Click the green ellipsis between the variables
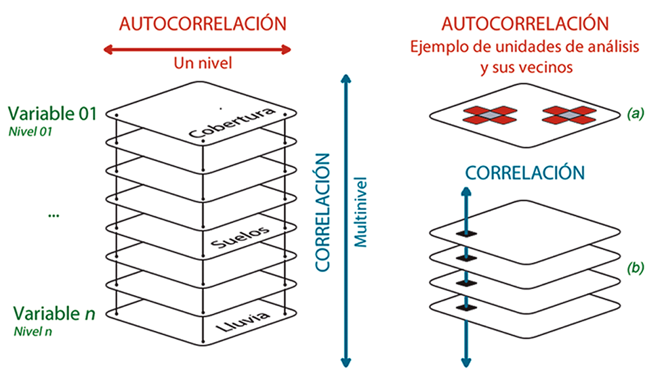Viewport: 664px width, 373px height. coord(54,215)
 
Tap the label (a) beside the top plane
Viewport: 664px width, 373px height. coord(635,114)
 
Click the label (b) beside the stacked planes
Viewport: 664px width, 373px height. coord(635,267)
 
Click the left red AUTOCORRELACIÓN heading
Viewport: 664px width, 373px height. coord(203,23)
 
